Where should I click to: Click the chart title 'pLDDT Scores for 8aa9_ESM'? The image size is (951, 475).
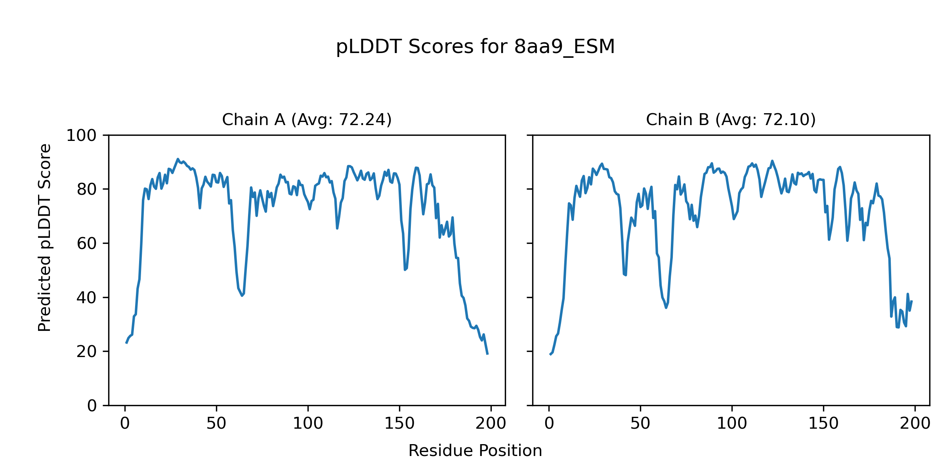[x=475, y=47]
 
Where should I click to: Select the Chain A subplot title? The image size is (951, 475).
[x=307, y=120]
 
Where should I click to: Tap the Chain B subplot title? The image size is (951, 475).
[x=731, y=120]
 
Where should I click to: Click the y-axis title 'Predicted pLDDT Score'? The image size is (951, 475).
[x=45, y=237]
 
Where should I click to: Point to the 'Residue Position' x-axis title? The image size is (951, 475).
[x=475, y=451]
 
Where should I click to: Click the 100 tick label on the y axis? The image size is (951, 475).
[x=81, y=136]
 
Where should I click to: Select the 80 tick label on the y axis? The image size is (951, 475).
[x=87, y=190]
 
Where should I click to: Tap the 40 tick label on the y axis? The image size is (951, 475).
[x=87, y=298]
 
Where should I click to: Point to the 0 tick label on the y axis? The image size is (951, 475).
[x=92, y=406]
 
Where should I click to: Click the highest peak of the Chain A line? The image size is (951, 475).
[x=178, y=159]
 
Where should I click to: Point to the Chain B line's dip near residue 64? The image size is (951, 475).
[x=666, y=308]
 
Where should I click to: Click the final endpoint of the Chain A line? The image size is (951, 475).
[x=487, y=354]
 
